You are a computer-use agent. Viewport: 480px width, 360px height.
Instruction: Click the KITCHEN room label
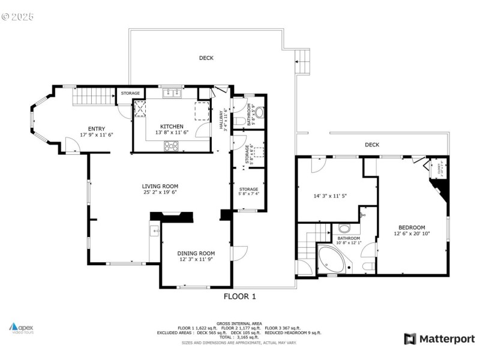point(172,127)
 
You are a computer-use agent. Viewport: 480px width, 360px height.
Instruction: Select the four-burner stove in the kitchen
point(170,146)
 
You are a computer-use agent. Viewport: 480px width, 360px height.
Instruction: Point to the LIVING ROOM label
point(160,186)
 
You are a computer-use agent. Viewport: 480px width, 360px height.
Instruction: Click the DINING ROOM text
point(196,253)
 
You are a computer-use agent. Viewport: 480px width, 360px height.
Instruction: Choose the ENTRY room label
point(97,128)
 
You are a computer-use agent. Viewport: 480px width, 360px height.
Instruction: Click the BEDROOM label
point(412,227)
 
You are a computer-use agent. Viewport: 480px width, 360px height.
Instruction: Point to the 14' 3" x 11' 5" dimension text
point(331,196)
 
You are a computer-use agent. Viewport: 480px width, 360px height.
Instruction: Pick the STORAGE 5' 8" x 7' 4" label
point(248,191)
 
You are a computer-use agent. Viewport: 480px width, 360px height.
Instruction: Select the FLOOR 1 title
point(240,296)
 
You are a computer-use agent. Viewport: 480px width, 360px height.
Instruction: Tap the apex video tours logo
point(23,328)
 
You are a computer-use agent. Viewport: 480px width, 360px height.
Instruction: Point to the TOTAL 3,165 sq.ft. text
point(240,337)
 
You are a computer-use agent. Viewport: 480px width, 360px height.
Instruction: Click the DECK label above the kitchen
point(206,58)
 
